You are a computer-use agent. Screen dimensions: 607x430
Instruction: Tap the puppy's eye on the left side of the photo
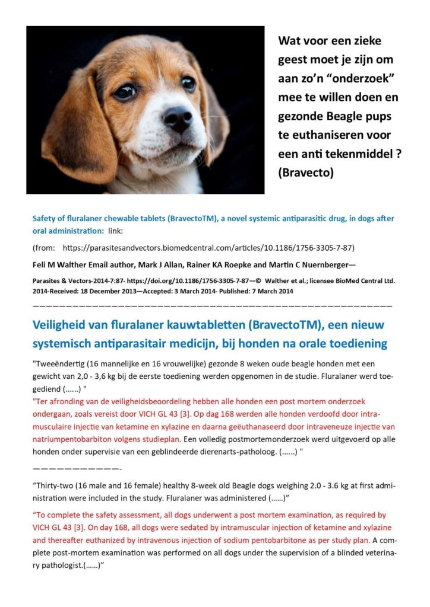click(x=125, y=91)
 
